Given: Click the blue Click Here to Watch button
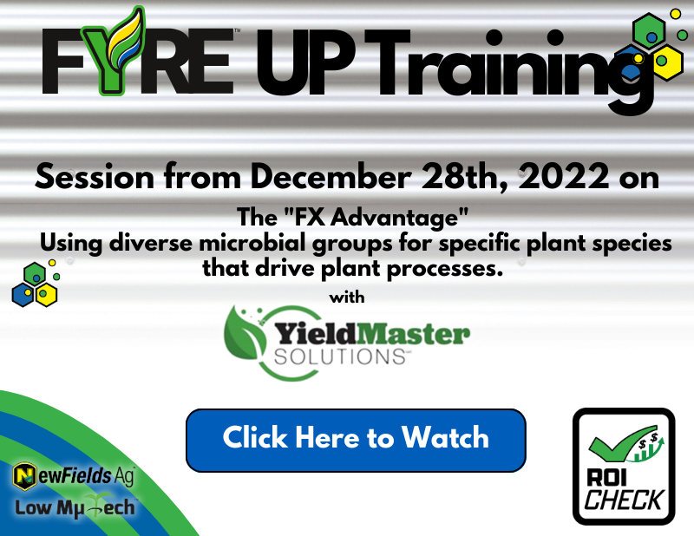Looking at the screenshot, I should point(356,440).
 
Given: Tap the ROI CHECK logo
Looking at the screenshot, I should point(623,467).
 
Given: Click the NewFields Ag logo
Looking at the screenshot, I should point(74,475).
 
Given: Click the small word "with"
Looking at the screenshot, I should point(347,297).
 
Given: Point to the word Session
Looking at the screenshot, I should point(93,177).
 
